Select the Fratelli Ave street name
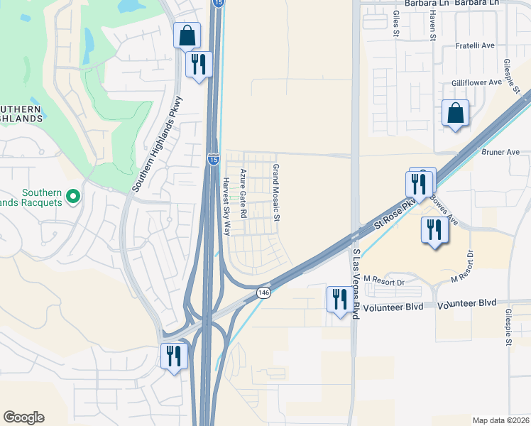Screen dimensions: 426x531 [474, 47]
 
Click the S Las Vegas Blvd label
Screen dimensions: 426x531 [356, 284]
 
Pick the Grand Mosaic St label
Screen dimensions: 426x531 [277, 192]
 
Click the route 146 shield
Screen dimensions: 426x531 [263, 293]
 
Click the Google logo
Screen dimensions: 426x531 [23, 417]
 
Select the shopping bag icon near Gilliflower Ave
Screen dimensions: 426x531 [455, 113]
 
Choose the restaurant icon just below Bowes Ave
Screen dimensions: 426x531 [433, 229]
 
